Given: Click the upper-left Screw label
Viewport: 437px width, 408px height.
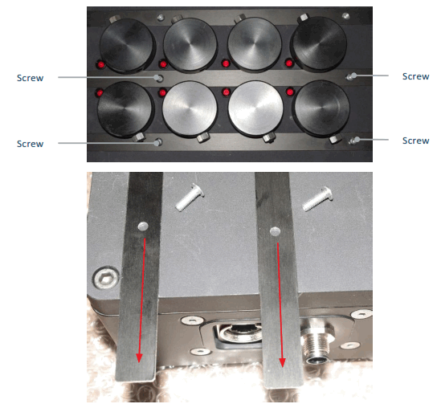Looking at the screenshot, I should point(31,78).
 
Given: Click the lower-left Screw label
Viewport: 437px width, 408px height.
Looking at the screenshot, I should point(31,144).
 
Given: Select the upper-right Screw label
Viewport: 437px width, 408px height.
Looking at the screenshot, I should point(415,76).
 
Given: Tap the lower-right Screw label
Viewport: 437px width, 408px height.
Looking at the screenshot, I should point(415,141).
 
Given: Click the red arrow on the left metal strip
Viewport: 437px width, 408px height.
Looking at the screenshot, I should point(143,302).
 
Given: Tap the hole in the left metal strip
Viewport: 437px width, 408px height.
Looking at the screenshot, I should point(142,227).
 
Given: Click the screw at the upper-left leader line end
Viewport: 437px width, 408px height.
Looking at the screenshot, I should point(160,78).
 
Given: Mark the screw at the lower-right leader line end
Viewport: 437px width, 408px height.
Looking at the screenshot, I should point(353,141).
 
